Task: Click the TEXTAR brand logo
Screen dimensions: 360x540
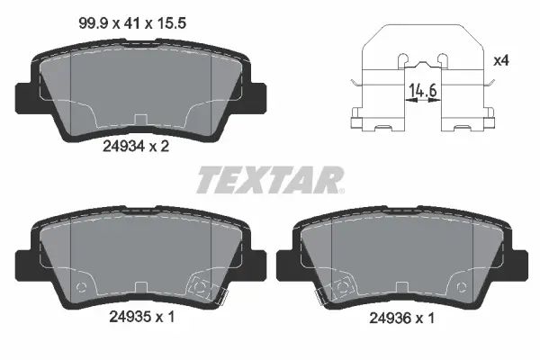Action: tap(265, 179)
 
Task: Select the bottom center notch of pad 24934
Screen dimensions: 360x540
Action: tap(139, 119)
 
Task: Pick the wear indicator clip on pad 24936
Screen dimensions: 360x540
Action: tap(340, 288)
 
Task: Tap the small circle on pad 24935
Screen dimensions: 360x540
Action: tap(82, 289)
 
